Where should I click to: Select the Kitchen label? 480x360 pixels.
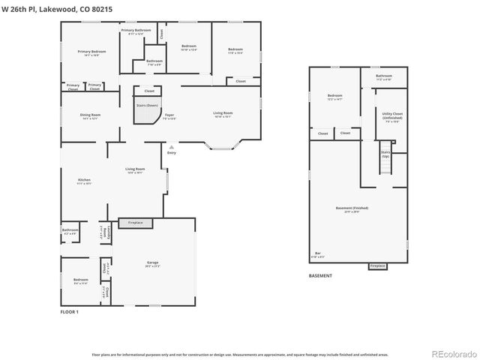point(85,181)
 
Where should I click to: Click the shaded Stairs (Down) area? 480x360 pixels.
point(146,107)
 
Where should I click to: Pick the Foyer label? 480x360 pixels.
point(169,116)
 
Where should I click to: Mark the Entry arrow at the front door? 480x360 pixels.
point(172,148)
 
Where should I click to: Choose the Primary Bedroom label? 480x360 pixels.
point(91,52)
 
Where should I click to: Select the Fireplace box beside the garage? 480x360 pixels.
point(136,223)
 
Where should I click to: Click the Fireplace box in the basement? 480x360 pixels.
point(377,265)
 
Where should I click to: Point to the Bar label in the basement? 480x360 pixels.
point(318,255)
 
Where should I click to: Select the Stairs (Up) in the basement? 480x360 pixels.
point(385,155)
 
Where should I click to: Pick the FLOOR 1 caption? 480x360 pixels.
point(69,311)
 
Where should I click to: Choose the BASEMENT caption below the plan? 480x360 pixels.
point(320,275)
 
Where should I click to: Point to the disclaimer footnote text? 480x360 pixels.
point(239,354)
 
